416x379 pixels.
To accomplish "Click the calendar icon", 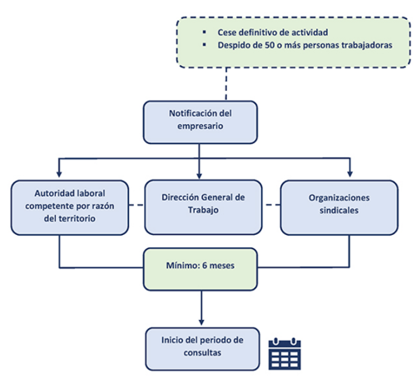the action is click(x=285, y=354).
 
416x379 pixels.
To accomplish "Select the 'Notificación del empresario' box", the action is click(x=201, y=122).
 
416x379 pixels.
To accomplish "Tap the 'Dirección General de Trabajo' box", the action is click(x=203, y=207).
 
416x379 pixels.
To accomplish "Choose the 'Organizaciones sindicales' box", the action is click(x=339, y=207).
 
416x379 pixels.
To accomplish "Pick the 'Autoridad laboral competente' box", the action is click(x=70, y=207).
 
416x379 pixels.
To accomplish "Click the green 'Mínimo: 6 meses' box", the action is click(x=201, y=269).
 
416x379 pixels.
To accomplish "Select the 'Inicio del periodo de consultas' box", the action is click(x=202, y=349).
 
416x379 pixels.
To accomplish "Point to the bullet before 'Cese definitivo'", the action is click(x=205, y=32).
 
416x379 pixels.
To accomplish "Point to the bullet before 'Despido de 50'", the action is click(x=205, y=45).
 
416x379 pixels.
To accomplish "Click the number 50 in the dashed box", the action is click(x=270, y=45).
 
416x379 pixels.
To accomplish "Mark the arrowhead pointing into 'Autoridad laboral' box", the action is click(x=59, y=174).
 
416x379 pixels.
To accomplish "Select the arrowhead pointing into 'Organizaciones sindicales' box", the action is click(x=349, y=174).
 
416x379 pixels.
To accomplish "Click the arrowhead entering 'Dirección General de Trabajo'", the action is click(x=199, y=176).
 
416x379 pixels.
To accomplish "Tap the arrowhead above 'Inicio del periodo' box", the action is click(x=201, y=322).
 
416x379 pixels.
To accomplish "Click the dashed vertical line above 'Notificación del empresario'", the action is click(x=226, y=84).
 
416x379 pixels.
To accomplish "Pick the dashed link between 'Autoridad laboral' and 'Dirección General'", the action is click(x=136, y=205).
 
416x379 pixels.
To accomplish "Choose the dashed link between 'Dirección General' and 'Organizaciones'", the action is click(x=271, y=205).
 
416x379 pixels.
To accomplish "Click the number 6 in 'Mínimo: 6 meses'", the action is click(x=205, y=266).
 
